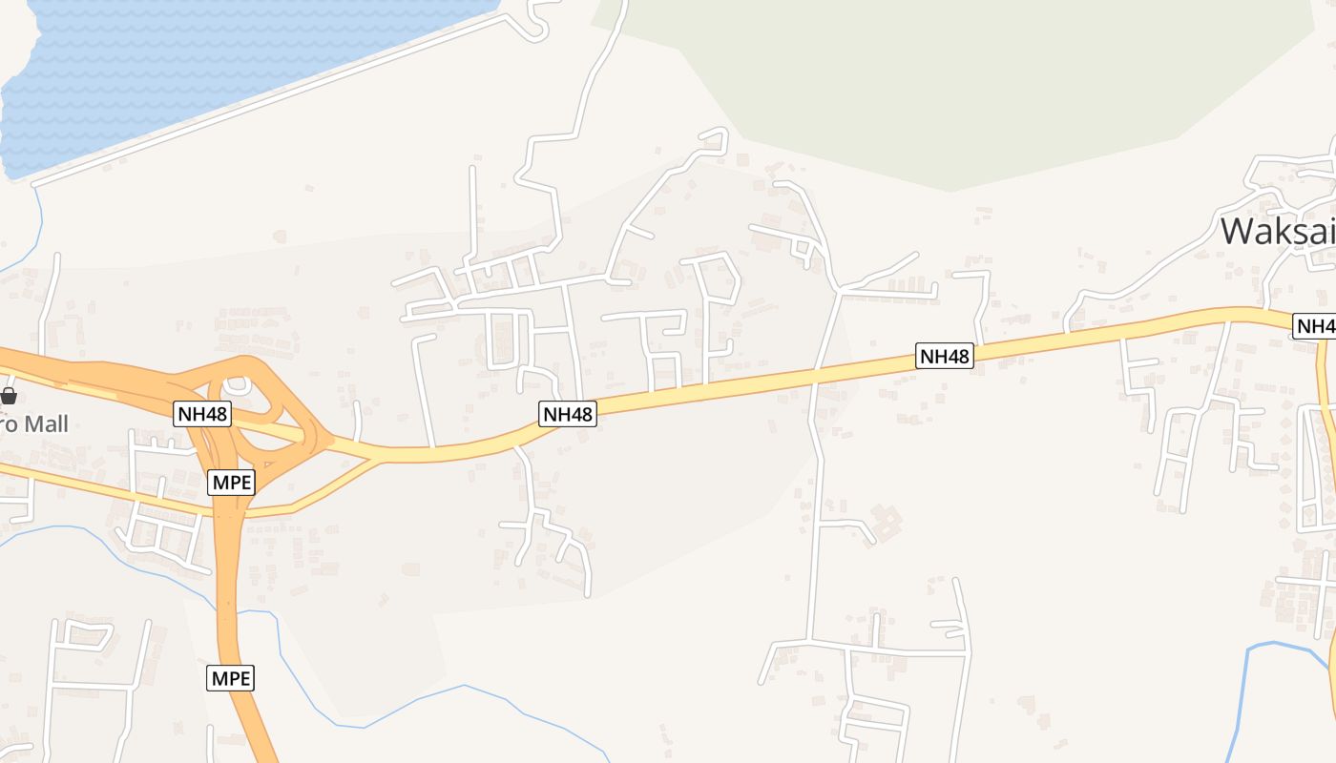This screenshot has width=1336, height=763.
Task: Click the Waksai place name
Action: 1277,232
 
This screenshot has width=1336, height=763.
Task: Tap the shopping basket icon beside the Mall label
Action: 9,395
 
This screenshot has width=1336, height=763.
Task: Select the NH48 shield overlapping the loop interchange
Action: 202,413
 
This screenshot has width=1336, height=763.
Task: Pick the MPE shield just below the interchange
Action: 232,482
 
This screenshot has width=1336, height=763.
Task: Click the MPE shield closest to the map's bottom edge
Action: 231,678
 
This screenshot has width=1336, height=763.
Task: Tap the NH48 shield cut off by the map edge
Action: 1315,326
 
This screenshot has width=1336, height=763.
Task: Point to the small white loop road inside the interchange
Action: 236,385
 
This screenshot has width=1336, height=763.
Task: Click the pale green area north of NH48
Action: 954,86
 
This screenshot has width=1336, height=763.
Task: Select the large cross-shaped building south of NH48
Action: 886,521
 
